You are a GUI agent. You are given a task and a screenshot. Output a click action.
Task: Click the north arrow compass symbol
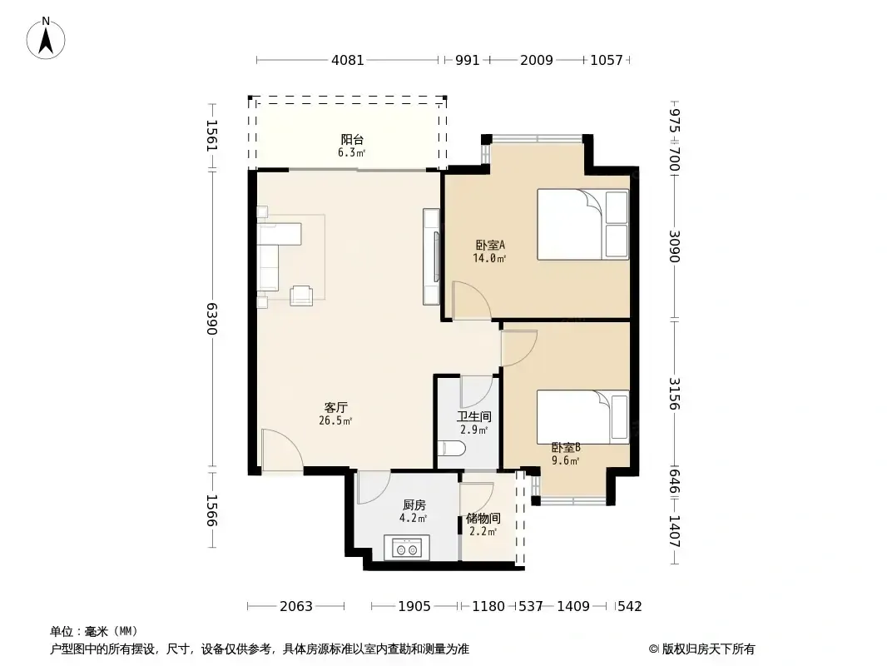coord(46,38)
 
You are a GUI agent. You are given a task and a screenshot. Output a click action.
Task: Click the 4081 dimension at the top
coord(347,60)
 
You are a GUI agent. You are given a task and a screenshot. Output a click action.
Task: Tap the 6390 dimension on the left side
coord(211,319)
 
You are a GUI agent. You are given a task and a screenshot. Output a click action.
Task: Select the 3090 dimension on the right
coord(674,246)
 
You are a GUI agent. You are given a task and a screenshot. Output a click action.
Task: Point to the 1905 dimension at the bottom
coord(414,606)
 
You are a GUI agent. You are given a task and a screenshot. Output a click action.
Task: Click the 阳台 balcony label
coord(352,140)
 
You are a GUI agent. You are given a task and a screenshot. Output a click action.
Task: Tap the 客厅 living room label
coord(335,407)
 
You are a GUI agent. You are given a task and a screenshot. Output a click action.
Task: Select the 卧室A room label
coord(490,246)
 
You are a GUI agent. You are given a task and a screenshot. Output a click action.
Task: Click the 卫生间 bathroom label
coord(474,417)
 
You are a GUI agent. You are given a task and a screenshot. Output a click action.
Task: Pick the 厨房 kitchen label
coord(414,505)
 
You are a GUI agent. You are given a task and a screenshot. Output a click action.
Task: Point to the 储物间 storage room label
coord(483,519)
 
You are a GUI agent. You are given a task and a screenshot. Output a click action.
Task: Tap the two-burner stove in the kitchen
coord(407,548)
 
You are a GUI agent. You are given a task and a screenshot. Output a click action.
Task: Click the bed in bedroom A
coord(582,224)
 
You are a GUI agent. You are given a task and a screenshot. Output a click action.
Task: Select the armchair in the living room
coord(301,296)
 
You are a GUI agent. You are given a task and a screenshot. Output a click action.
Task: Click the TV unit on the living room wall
coord(432,256)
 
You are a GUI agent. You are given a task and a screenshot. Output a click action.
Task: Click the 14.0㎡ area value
coord(489,259)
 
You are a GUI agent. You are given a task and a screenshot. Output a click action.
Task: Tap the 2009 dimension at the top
coord(536,60)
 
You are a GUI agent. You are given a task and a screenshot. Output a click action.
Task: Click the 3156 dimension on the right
coord(674,393)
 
